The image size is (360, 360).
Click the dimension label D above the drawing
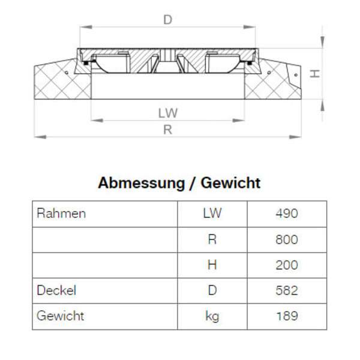(168, 20)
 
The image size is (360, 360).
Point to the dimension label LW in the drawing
(169, 113)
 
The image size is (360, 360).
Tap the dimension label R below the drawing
(168, 130)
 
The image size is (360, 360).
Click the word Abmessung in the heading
(141, 183)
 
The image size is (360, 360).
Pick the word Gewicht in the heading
(231, 183)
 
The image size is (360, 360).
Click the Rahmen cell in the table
(61, 214)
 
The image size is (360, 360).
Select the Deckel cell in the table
(56, 291)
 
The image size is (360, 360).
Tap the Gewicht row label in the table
(60, 316)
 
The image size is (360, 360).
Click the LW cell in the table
(212, 214)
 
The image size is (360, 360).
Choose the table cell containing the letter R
(212, 240)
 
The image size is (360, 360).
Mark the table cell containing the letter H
(212, 265)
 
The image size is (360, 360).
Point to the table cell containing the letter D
(212, 291)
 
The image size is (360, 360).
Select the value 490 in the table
(287, 214)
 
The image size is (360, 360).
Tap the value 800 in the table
(287, 240)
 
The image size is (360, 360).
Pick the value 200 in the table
(287, 265)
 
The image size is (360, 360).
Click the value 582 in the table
(287, 291)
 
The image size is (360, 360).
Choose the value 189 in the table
(287, 316)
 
